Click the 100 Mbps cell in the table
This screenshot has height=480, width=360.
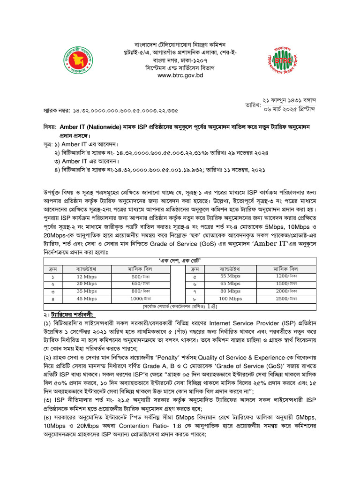(x=230, y=298)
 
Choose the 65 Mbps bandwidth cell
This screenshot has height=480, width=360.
(x=230, y=284)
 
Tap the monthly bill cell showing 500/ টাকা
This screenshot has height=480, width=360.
(x=141, y=277)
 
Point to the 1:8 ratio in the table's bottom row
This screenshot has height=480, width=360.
(x=213, y=306)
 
